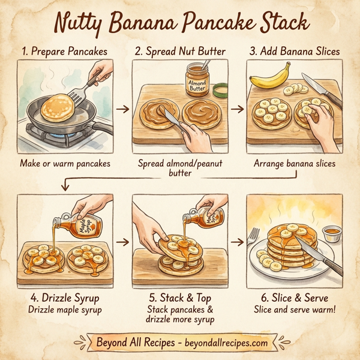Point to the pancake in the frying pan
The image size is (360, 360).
[58, 107]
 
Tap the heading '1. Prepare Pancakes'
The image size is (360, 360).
[63, 51]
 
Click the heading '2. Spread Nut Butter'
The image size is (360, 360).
[179, 51]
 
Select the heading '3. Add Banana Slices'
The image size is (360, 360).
[295, 51]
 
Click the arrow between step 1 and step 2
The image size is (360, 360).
[122, 109]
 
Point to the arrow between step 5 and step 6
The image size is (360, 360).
[238, 242]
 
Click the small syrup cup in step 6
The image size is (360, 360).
[329, 231]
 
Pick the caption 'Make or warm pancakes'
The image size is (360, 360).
[64, 163]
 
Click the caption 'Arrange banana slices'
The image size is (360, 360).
[295, 163]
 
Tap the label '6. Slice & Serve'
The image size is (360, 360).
[295, 297]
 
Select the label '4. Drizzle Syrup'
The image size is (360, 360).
[64, 297]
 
